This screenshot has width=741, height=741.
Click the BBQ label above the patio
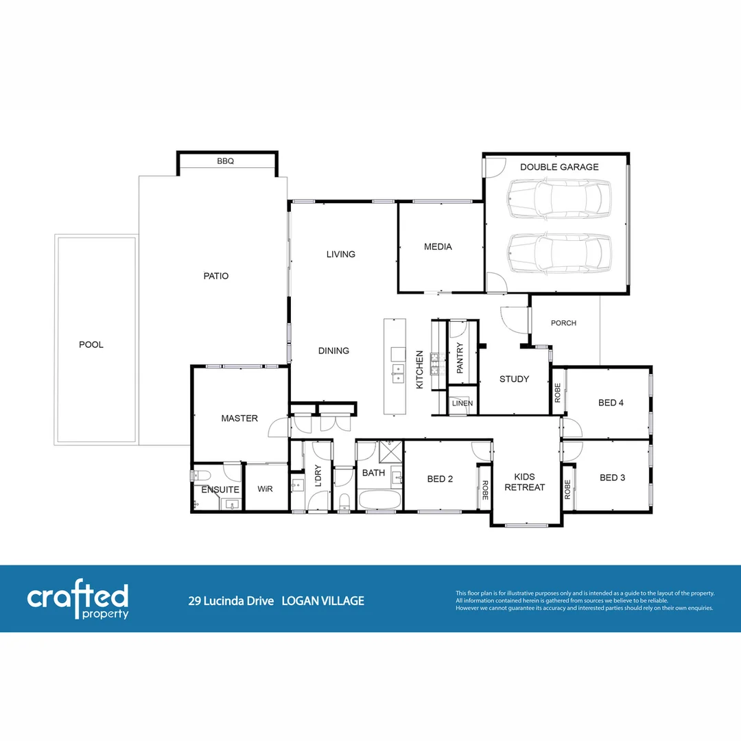pos(226,162)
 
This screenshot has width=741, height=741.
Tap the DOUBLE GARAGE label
pos(559,167)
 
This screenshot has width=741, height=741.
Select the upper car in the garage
pos(559,198)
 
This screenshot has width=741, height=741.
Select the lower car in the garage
pos(559,252)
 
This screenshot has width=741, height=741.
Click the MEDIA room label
pos(438,247)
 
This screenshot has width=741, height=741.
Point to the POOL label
pos(91,344)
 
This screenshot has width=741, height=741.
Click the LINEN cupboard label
pos(462,403)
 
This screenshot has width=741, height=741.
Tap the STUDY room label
pos(514,379)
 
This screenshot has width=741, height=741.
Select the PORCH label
pos(564,323)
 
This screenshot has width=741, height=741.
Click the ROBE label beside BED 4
pos(558,392)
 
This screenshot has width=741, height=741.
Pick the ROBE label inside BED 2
pos(484,489)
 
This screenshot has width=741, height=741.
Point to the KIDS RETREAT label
pos(525,482)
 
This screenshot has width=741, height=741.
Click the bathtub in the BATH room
pos(377,499)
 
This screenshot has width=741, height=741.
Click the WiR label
pos(266,490)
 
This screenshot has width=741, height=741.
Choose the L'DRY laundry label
pos(318,475)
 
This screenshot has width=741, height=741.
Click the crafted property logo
pos(78,601)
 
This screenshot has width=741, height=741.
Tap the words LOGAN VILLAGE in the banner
pos(323,601)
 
